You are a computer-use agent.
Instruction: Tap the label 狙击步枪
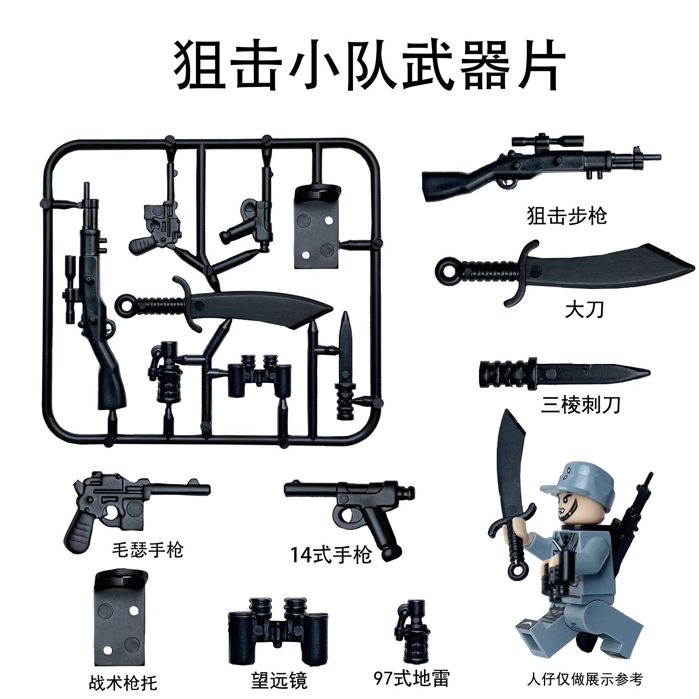point(567,215)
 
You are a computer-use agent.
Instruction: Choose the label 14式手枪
point(331,555)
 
